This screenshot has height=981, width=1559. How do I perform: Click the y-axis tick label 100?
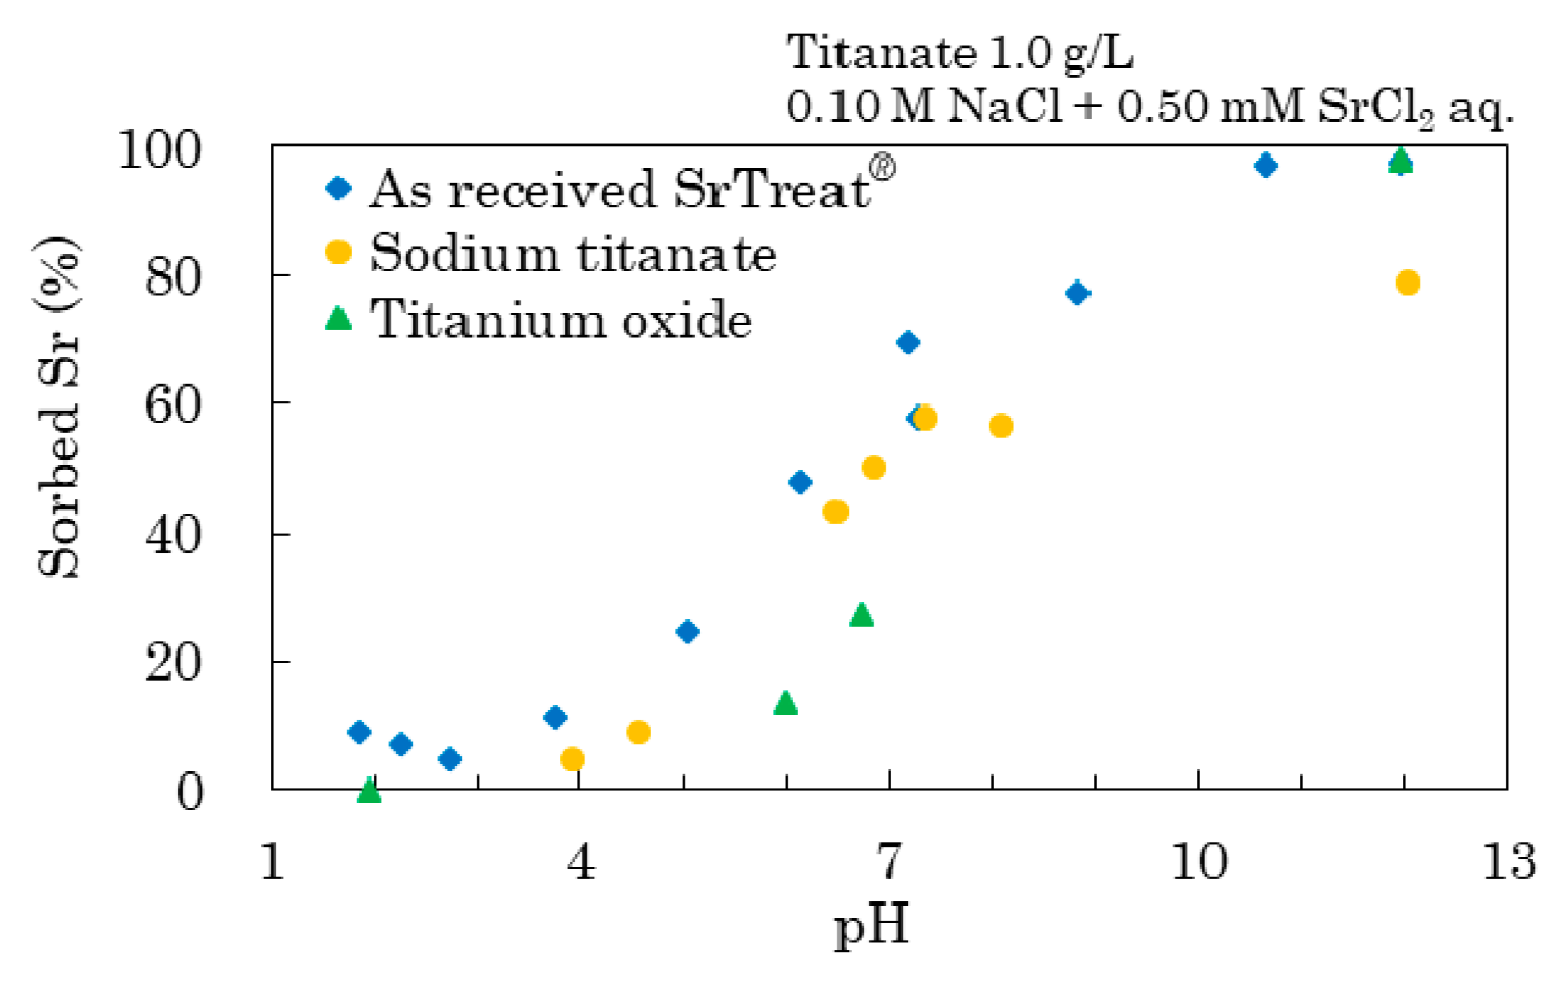(x=160, y=149)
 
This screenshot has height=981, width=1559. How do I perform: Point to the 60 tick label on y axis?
(x=172, y=405)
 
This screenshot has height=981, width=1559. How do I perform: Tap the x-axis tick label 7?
(x=889, y=861)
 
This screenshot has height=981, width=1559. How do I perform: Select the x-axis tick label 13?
(x=1509, y=861)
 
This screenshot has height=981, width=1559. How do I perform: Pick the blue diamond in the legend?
(x=339, y=188)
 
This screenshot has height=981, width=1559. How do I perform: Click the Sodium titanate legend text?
(x=573, y=253)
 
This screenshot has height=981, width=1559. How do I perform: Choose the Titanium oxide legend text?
(x=561, y=319)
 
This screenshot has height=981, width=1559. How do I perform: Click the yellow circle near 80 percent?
(x=1407, y=283)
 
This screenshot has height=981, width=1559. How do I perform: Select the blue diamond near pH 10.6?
(x=1265, y=166)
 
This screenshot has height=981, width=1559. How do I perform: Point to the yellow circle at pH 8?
(x=1001, y=426)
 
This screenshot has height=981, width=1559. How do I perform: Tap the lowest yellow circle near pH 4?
(x=572, y=759)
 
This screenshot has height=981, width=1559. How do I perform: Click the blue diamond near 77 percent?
(x=1077, y=293)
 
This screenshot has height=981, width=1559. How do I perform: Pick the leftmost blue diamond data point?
(x=358, y=732)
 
